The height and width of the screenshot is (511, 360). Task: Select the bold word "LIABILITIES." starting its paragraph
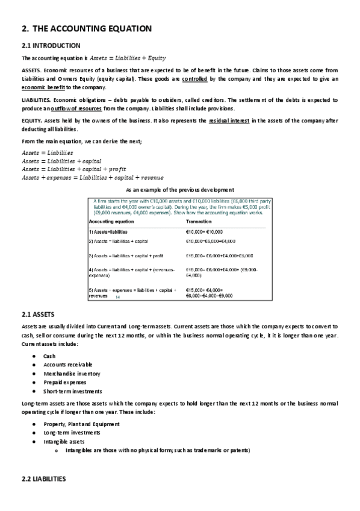pos(36,99)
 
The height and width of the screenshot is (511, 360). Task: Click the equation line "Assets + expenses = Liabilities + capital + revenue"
pos(92,177)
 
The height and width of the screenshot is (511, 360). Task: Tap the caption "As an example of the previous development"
pos(180,190)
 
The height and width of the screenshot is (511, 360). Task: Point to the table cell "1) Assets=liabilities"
pos(108,231)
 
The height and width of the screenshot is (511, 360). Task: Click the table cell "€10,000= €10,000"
pos(205,231)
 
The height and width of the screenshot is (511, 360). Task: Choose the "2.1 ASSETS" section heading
pos(38,315)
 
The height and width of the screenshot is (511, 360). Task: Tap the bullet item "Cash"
pos(49,356)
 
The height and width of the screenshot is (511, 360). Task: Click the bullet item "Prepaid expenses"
pos(64,382)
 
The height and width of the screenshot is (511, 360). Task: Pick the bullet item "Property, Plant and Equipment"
pos(81,424)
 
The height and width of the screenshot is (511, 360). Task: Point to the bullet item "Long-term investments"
pos(72,433)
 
